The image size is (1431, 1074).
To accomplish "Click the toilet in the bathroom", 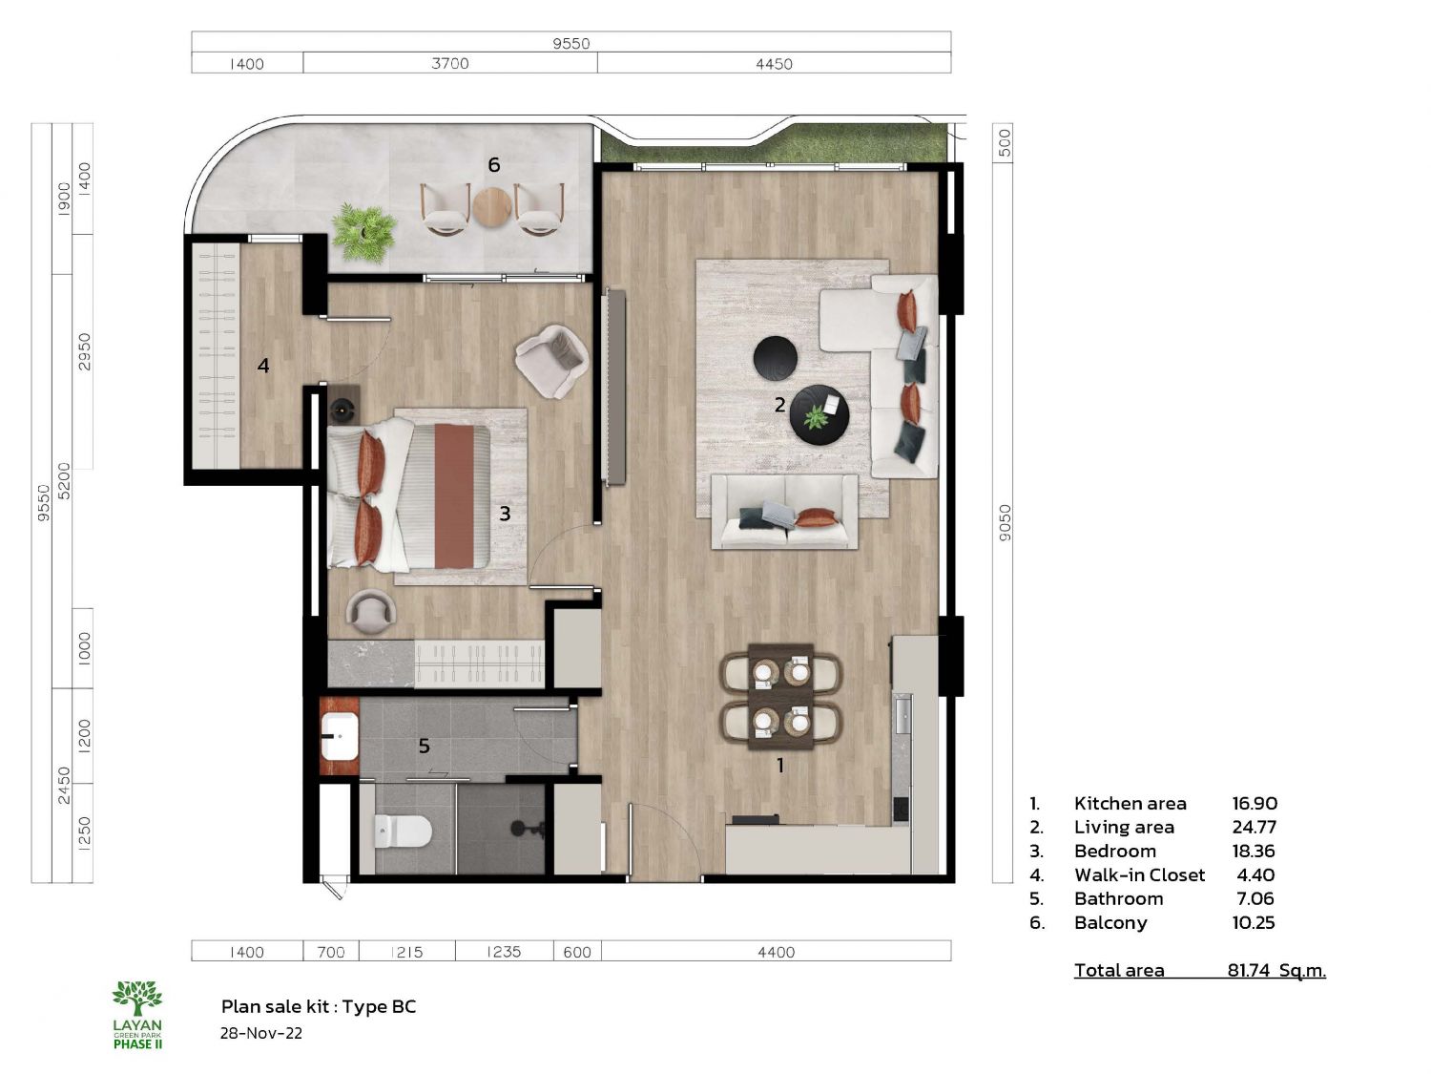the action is [403, 831].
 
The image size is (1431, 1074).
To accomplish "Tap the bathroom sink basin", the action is [340, 736].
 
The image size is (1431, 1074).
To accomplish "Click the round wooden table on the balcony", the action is [492, 207].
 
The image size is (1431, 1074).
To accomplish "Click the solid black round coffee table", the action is [776, 357].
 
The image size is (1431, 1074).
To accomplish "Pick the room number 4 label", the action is [263, 366].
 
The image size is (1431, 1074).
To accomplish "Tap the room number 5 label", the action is [425, 746].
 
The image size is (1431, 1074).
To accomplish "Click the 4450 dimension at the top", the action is [774, 64].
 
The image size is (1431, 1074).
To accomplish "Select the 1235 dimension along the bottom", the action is [504, 952].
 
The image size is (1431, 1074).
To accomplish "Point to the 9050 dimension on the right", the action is [1005, 522].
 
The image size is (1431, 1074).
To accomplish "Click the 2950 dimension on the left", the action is [84, 351].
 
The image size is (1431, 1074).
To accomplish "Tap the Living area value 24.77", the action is [1254, 828].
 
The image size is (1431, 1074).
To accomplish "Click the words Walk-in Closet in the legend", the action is [1140, 875].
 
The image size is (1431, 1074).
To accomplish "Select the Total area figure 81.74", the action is [1249, 970].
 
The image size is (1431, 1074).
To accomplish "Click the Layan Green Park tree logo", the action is [137, 998].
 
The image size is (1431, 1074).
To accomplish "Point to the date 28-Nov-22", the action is [260, 1034].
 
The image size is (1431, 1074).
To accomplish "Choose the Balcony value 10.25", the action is [1253, 923].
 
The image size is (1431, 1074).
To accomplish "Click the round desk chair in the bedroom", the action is [370, 612].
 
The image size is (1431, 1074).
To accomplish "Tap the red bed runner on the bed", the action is [454, 495].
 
